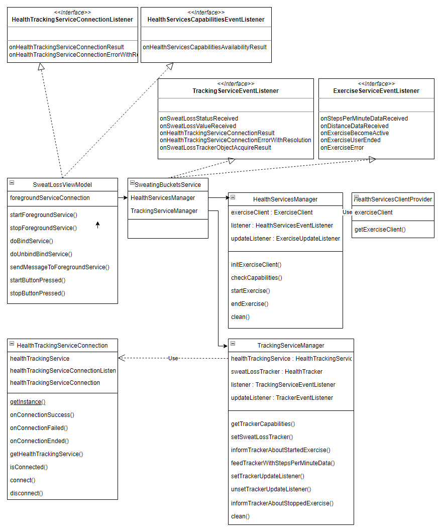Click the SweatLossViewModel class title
pos(62,184)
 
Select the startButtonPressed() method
pos(38,280)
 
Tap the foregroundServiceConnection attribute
pos(50,198)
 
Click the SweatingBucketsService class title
pos(168,184)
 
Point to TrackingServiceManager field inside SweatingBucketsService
pos(164,211)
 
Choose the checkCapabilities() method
pos(257,278)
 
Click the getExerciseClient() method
pos(380,230)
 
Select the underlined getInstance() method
pos(28,402)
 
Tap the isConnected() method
pos(29,467)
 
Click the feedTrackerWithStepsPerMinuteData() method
pos(283,463)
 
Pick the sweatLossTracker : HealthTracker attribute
pos(277,372)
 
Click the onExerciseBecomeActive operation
pos(355,133)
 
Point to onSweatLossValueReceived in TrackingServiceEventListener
pos(198,126)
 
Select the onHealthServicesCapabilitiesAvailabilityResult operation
pos(204,47)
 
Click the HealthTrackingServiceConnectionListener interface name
pos(72,20)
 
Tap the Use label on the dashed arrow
pos(173,358)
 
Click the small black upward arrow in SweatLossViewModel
pos(98,225)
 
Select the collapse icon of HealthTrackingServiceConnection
pos(12,344)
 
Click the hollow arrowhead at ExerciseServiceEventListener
pos(372,159)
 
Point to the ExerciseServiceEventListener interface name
pos(376,91)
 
